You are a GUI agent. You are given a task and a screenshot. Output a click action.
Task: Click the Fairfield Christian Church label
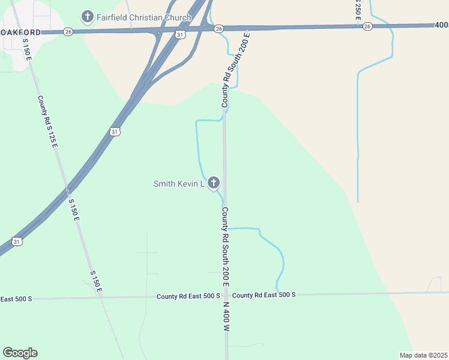(x=144, y=17)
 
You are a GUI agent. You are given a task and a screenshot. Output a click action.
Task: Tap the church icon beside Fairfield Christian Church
(x=87, y=16)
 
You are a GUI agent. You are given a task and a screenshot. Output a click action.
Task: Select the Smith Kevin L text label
(x=179, y=184)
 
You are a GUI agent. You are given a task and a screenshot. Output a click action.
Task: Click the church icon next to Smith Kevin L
(x=213, y=182)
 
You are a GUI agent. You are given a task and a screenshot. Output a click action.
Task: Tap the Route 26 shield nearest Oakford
(x=68, y=31)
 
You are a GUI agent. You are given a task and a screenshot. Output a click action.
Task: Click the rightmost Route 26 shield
(x=367, y=26)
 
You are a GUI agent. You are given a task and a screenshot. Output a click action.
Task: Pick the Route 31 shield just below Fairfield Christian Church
(x=180, y=35)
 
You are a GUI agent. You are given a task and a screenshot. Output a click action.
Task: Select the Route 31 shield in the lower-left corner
(x=17, y=242)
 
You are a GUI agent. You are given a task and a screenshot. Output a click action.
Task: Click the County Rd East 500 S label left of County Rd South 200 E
(x=188, y=296)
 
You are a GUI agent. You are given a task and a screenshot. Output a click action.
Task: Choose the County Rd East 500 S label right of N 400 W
(x=264, y=295)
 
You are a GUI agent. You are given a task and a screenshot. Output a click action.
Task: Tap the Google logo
(x=20, y=353)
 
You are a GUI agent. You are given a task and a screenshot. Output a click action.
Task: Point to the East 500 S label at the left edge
(x=16, y=298)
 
